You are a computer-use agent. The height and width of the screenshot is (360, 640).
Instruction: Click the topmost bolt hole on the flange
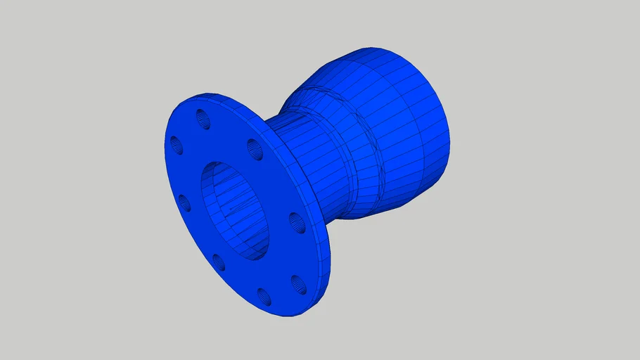(x=203, y=118)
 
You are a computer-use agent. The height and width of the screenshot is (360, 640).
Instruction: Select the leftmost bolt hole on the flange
(x=176, y=146)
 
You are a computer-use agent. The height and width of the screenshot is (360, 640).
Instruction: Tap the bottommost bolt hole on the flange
(x=264, y=296)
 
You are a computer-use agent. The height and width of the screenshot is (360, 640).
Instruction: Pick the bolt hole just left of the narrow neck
(x=255, y=148)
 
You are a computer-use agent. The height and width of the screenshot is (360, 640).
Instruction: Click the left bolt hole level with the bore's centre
(x=184, y=203)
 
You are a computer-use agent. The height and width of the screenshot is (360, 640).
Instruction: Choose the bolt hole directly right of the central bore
(x=296, y=223)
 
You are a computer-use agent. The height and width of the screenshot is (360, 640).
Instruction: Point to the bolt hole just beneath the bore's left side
(x=219, y=262)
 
